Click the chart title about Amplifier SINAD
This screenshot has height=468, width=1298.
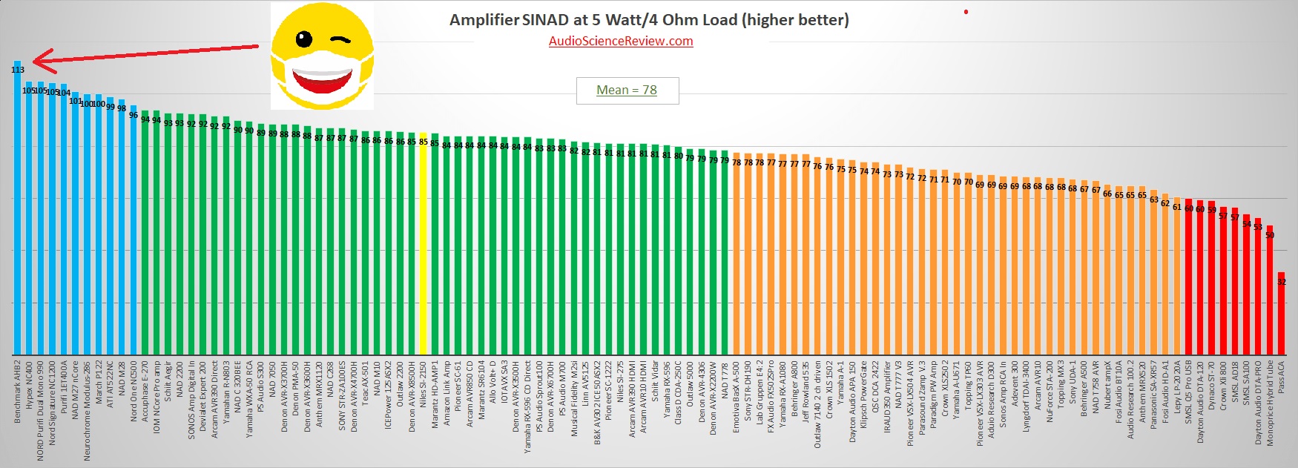pyautogui.click(x=649, y=20)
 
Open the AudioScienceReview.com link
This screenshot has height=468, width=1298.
pyautogui.click(x=621, y=41)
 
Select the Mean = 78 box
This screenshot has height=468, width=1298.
pyautogui.click(x=627, y=90)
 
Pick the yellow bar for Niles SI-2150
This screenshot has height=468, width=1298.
pyautogui.click(x=423, y=245)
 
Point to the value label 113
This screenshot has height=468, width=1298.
pyautogui.click(x=18, y=70)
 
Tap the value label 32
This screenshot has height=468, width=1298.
pyautogui.click(x=1282, y=282)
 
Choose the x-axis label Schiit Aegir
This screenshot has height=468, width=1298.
pyautogui.click(x=168, y=381)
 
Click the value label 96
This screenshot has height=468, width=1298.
pyautogui.click(x=134, y=115)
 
